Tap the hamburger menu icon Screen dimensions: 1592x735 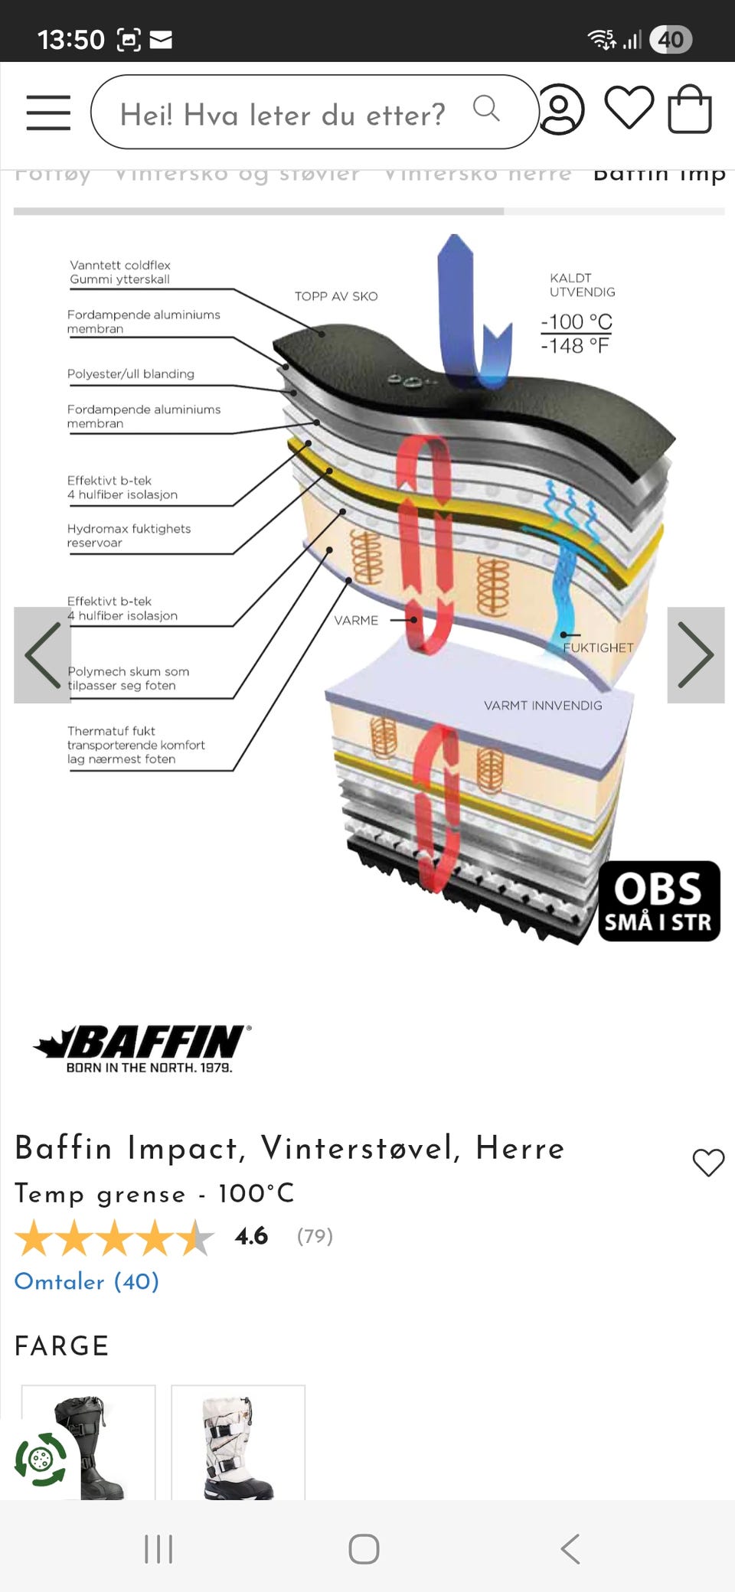(x=48, y=113)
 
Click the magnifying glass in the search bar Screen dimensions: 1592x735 (x=486, y=109)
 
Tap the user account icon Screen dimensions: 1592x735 (x=561, y=109)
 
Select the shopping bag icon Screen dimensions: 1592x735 (x=690, y=109)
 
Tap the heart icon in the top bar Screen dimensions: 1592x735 (x=629, y=107)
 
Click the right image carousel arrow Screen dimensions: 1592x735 (x=695, y=655)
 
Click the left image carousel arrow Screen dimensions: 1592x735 (x=43, y=655)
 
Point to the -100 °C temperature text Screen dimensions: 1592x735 (x=577, y=321)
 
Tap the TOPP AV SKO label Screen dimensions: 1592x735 (x=336, y=296)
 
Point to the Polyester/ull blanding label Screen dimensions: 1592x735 (x=131, y=374)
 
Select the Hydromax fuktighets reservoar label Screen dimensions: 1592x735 (x=129, y=536)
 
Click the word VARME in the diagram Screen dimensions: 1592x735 (x=356, y=620)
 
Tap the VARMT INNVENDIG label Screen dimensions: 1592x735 (x=543, y=706)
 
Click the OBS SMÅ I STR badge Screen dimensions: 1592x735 (x=659, y=901)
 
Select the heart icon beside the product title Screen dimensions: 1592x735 (x=708, y=1163)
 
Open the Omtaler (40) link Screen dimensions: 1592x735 (x=87, y=1281)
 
